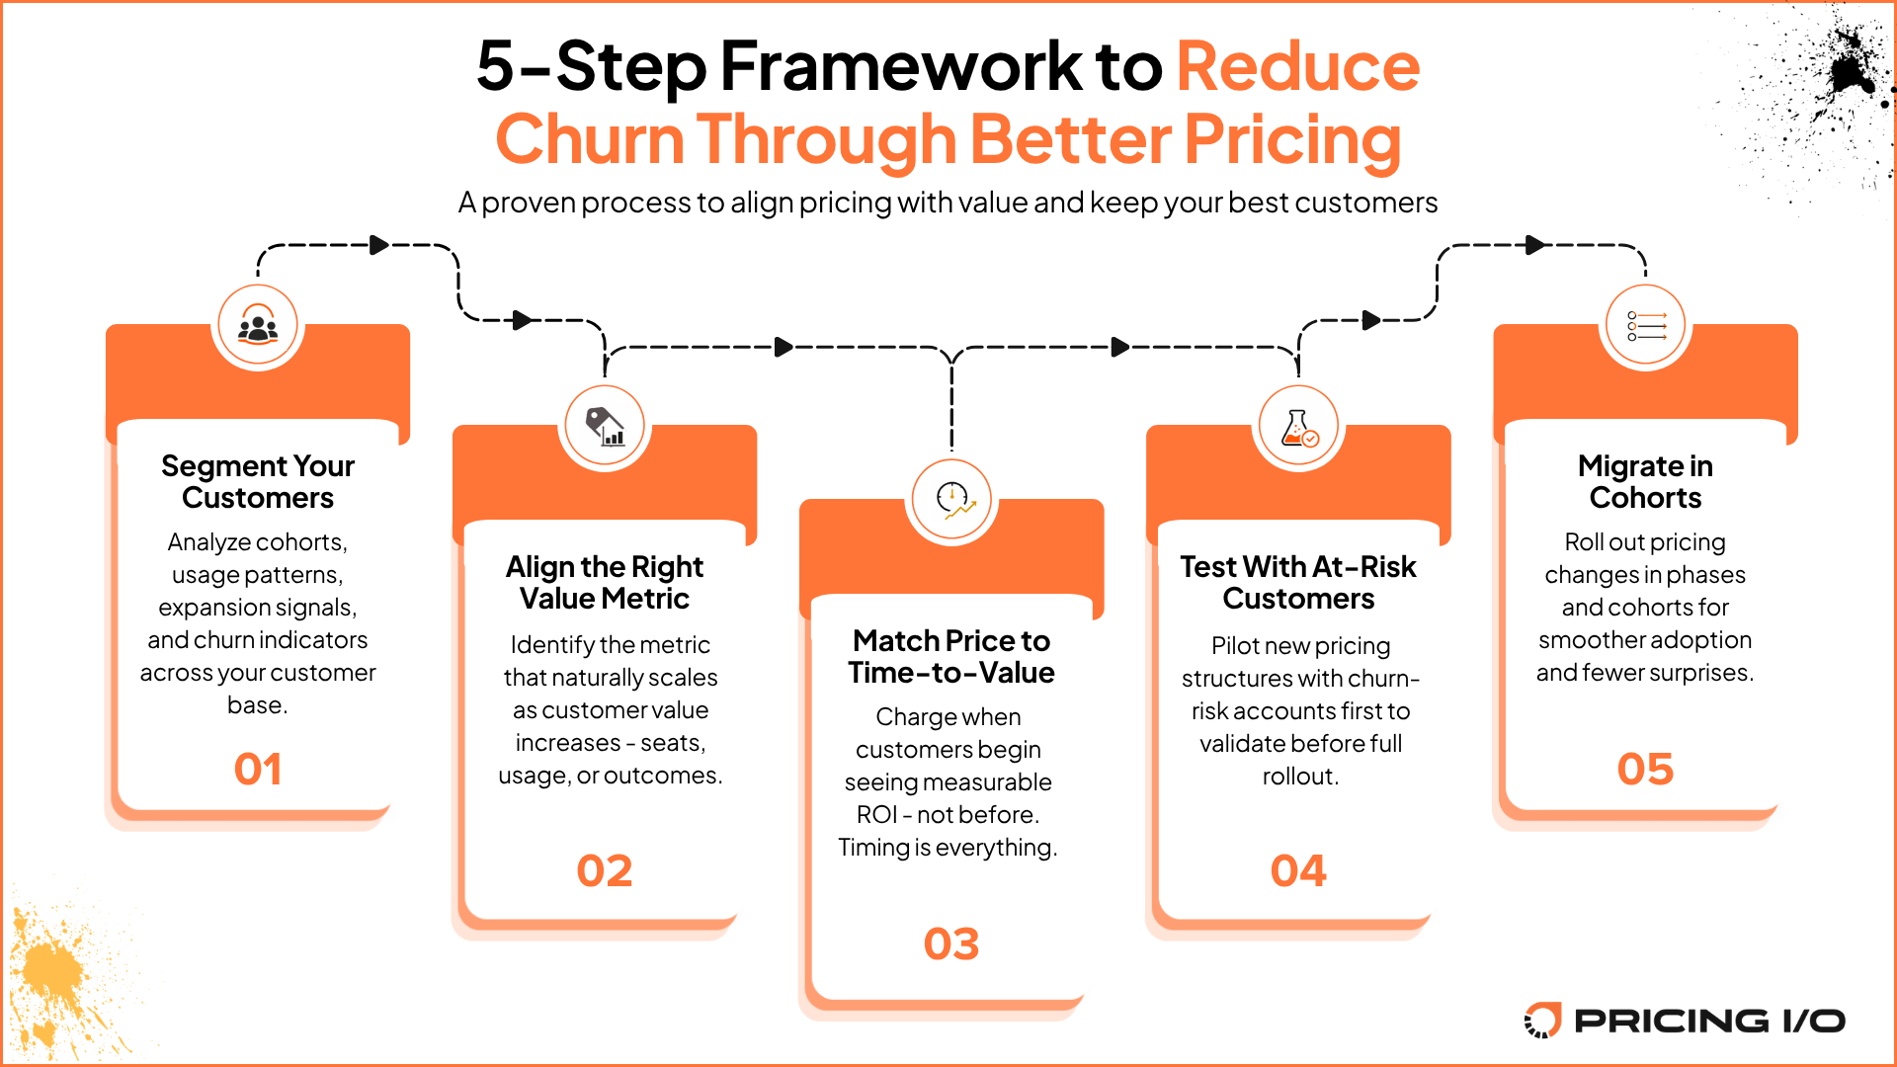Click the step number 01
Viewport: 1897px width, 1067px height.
click(258, 770)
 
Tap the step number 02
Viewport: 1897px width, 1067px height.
click(605, 871)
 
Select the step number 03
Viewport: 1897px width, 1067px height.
click(951, 944)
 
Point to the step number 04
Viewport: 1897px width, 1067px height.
click(1298, 871)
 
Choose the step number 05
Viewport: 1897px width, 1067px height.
click(1645, 770)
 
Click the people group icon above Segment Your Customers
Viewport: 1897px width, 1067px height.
click(258, 326)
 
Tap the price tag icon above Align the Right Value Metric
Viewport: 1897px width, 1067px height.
click(605, 427)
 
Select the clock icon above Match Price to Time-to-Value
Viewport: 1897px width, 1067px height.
click(952, 500)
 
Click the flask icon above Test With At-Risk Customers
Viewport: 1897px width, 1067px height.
click(1298, 427)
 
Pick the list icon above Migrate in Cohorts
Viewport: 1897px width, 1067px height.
click(1645, 325)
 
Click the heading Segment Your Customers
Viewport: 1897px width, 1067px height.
click(258, 481)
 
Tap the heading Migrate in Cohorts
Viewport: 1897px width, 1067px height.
click(1645, 481)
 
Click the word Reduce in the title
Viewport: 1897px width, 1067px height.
click(1297, 66)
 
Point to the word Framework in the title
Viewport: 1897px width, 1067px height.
click(900, 66)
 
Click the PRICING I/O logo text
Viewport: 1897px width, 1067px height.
click(1709, 1021)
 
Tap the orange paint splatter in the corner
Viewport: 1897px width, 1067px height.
click(49, 973)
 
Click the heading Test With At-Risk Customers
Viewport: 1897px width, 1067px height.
click(1298, 582)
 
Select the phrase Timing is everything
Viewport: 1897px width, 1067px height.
click(948, 848)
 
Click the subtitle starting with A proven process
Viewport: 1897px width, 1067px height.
click(948, 203)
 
